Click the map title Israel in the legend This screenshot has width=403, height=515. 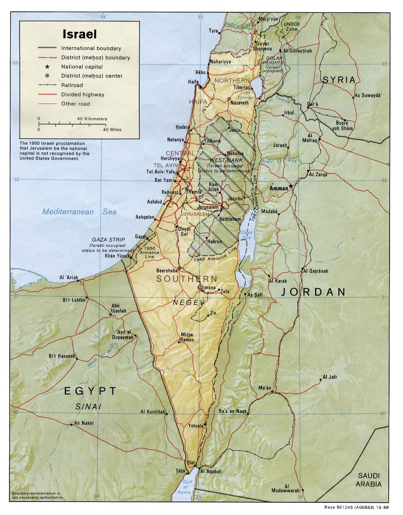(79, 34)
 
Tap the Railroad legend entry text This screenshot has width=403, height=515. (72, 85)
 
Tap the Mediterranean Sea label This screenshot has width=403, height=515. (79, 211)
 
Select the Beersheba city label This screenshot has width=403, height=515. (167, 271)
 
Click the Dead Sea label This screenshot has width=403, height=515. (247, 235)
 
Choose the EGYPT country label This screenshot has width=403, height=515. (90, 391)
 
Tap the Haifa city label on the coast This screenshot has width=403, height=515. (193, 81)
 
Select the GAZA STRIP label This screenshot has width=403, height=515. (108, 240)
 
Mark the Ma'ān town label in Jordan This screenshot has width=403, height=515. (265, 388)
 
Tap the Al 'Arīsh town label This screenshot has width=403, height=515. (68, 278)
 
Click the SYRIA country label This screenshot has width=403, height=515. (339, 80)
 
